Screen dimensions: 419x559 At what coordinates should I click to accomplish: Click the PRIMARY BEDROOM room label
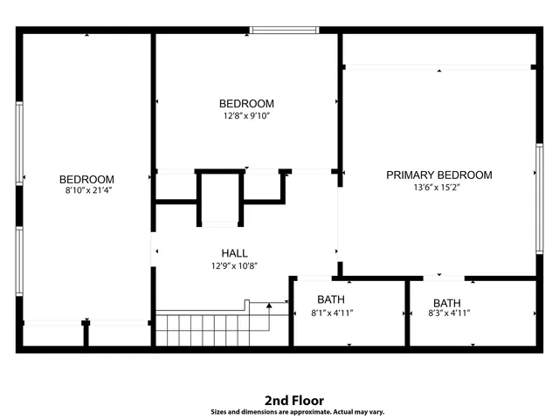click(438, 175)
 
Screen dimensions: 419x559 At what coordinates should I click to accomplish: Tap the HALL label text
click(233, 254)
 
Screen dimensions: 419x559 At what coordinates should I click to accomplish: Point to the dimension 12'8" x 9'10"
click(246, 115)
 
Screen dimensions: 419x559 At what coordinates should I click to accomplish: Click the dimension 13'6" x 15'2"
click(438, 188)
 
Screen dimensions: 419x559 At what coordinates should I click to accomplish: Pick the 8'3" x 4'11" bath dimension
click(449, 313)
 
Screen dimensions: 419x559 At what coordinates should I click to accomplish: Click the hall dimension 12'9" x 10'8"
click(233, 266)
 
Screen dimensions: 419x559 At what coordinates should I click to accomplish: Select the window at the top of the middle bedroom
click(284, 31)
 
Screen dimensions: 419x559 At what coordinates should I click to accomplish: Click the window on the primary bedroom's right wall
click(538, 199)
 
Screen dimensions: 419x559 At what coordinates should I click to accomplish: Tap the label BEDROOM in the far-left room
click(86, 179)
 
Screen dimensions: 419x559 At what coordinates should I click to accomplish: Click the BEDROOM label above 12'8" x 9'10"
click(246, 103)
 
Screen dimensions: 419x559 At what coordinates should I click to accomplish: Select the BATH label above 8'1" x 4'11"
click(331, 299)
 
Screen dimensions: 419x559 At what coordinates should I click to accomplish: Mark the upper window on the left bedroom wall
click(18, 144)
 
